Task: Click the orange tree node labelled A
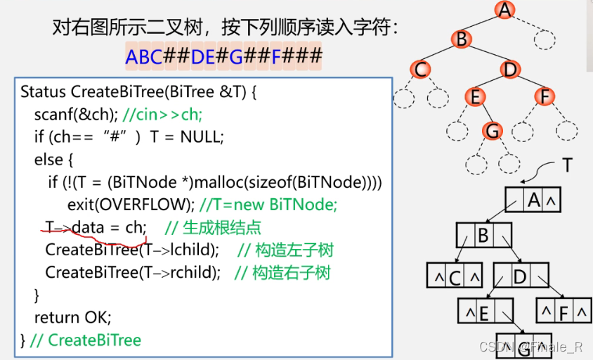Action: pos(504,10)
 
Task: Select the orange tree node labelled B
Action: pos(461,39)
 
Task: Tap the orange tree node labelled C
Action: pos(420,70)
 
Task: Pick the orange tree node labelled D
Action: pos(509,70)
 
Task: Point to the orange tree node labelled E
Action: pos(475,97)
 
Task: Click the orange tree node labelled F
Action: pos(544,97)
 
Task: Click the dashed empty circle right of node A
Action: pos(544,39)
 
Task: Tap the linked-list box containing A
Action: pos(533,201)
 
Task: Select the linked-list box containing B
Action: pos(483,236)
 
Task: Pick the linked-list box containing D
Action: pos(520,276)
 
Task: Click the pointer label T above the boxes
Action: pos(568,166)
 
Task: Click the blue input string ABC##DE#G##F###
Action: pos(223,56)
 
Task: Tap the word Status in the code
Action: pos(44,92)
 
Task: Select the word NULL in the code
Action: pos(201,137)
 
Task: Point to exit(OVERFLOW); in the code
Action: pos(131,205)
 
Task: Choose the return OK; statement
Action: pos(73,317)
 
